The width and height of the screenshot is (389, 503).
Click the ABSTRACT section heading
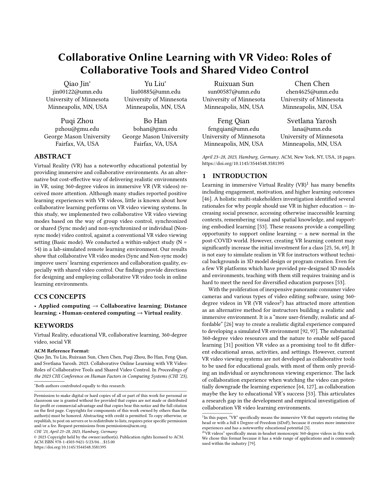[52, 157]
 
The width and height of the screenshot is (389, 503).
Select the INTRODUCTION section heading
[240, 176]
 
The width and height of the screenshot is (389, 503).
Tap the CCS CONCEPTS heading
[60, 297]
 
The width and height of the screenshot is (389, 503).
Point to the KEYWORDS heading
[54, 326]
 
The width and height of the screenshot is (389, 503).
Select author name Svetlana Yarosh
[312, 121]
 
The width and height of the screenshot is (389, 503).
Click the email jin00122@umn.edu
[77, 92]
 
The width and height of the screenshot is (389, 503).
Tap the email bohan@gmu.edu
[155, 129]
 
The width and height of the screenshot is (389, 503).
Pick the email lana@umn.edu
[312, 129]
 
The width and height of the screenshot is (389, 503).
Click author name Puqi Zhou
[77, 121]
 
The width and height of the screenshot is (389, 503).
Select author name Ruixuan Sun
[234, 84]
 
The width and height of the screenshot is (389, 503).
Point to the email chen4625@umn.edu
[312, 92]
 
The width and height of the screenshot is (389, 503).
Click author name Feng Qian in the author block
[233, 121]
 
